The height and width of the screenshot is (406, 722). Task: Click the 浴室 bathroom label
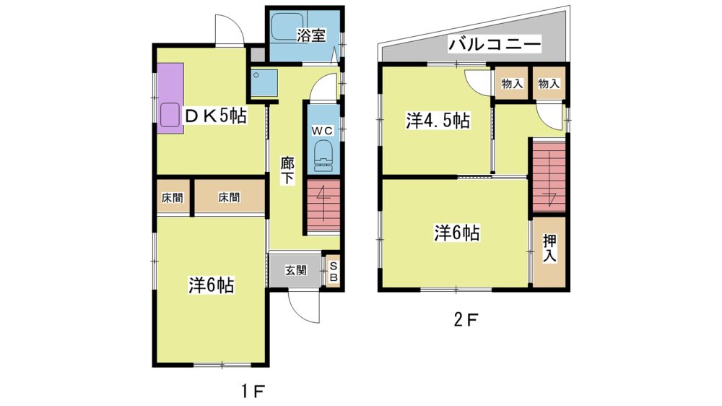[x=310, y=35]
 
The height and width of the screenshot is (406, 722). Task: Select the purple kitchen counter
[x=170, y=98]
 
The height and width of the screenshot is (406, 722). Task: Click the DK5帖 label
[x=215, y=116]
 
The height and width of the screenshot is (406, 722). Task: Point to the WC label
[x=322, y=131]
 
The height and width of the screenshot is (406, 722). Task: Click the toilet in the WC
[x=323, y=157]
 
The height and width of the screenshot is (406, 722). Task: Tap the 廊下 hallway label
[x=287, y=170]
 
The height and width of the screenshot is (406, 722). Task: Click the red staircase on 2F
[x=549, y=177]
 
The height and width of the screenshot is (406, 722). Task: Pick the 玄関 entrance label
[x=295, y=270]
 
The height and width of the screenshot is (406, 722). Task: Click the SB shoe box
[x=334, y=272]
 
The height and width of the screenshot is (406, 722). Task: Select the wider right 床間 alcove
[x=230, y=196]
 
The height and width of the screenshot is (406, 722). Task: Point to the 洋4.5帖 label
[x=438, y=121]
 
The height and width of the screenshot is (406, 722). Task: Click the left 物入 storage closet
[x=512, y=83]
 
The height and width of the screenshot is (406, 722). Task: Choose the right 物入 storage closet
[x=549, y=83]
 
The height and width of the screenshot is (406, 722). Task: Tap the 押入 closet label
[x=549, y=248]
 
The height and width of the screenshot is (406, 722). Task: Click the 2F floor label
[x=466, y=320]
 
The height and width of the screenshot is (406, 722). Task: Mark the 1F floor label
[x=252, y=392]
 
